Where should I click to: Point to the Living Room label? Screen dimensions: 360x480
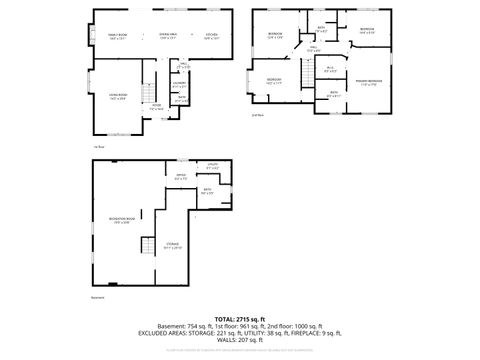pos(116,97)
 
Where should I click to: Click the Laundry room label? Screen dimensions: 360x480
pos(179,85)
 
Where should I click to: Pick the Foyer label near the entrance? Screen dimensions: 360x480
pos(156,105)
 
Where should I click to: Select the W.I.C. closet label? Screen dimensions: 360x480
pos(329,69)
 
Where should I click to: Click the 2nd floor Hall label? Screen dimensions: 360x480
pos(313,49)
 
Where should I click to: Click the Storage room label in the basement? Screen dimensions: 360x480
pos(173,244)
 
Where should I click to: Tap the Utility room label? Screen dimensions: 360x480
pos(213,165)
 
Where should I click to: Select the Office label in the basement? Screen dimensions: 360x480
pos(181,177)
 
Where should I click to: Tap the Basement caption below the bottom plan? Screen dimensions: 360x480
pos(97,297)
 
